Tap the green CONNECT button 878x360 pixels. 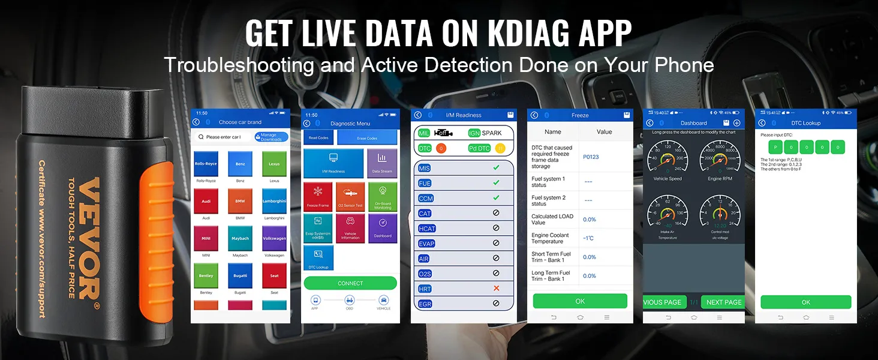pos(350,283)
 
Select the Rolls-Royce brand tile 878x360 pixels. pos(206,163)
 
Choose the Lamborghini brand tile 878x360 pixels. pos(274,201)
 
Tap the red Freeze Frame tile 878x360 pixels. pos(318,197)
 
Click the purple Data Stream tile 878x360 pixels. pos(382,163)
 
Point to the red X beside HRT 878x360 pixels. pos(496,289)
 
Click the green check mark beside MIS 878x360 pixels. pos(496,168)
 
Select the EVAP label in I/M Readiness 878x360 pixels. pos(426,244)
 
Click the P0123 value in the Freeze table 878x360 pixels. pos(591,157)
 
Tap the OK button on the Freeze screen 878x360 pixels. pos(580,301)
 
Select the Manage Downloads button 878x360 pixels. pos(271,137)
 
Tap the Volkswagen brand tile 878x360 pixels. pos(274,238)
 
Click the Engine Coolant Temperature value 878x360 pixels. pos(588,238)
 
